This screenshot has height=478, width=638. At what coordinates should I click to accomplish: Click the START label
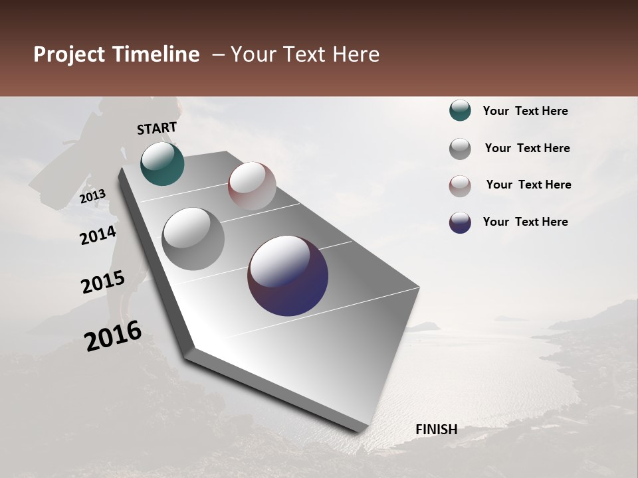(157, 128)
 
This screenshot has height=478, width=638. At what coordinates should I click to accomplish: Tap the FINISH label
(436, 430)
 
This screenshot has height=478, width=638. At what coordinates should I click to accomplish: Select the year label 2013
(92, 197)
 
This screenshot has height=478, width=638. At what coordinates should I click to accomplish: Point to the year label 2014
(98, 235)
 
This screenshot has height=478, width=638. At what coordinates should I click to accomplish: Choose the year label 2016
(113, 336)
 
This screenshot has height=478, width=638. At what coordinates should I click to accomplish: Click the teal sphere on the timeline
(162, 163)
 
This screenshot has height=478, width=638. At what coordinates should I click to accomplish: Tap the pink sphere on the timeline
(252, 185)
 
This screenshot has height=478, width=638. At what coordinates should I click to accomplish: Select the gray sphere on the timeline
(193, 238)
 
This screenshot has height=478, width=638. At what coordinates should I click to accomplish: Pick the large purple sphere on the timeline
(288, 276)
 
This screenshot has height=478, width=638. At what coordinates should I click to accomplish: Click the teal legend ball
(460, 111)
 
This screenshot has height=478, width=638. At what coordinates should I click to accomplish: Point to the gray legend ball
(460, 149)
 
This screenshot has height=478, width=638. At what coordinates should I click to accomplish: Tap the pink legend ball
(460, 186)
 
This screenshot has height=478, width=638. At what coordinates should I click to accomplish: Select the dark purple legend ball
(460, 222)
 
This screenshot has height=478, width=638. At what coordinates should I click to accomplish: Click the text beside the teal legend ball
(525, 111)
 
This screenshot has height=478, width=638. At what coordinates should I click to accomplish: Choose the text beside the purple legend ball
(525, 222)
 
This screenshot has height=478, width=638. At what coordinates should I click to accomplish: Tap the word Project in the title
(69, 54)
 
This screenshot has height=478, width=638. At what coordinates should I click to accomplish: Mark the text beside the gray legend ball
(527, 148)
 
